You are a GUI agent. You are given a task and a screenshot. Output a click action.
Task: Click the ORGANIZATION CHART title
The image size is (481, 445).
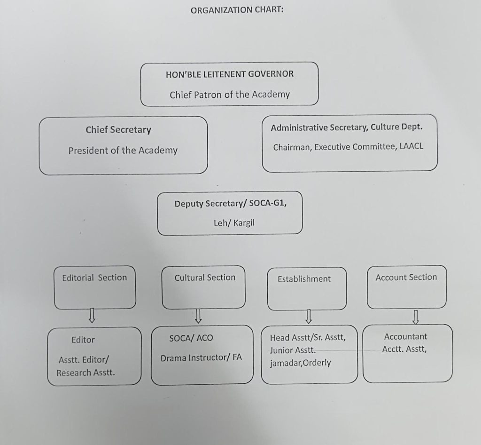(237, 10)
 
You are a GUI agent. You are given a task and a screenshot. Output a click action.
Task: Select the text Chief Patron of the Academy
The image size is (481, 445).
(230, 95)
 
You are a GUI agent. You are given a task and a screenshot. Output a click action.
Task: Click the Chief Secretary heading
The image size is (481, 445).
(118, 130)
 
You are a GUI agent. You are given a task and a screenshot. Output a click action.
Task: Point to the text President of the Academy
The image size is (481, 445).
(123, 151)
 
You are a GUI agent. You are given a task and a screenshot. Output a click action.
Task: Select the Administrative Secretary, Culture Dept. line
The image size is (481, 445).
(347, 127)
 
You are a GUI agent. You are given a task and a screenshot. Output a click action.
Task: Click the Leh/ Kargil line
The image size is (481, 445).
(234, 222)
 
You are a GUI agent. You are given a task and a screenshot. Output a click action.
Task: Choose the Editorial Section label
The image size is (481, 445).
(94, 278)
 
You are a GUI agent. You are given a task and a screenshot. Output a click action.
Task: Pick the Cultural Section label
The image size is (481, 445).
(205, 278)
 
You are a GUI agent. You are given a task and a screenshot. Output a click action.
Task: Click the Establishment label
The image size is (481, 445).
(304, 279)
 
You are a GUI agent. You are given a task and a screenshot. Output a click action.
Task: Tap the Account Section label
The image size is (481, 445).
(406, 278)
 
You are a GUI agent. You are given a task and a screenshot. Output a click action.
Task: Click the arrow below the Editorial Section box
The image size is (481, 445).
(92, 316)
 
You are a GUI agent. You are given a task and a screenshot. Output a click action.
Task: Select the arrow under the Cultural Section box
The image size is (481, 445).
(199, 316)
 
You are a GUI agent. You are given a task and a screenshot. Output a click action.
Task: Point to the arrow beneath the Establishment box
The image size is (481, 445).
(309, 316)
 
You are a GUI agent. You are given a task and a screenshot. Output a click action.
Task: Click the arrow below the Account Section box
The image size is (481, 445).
(415, 317)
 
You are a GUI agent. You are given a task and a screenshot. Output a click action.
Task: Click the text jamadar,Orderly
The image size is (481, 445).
(300, 363)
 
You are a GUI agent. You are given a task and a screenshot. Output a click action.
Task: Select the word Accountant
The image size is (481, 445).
(405, 337)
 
